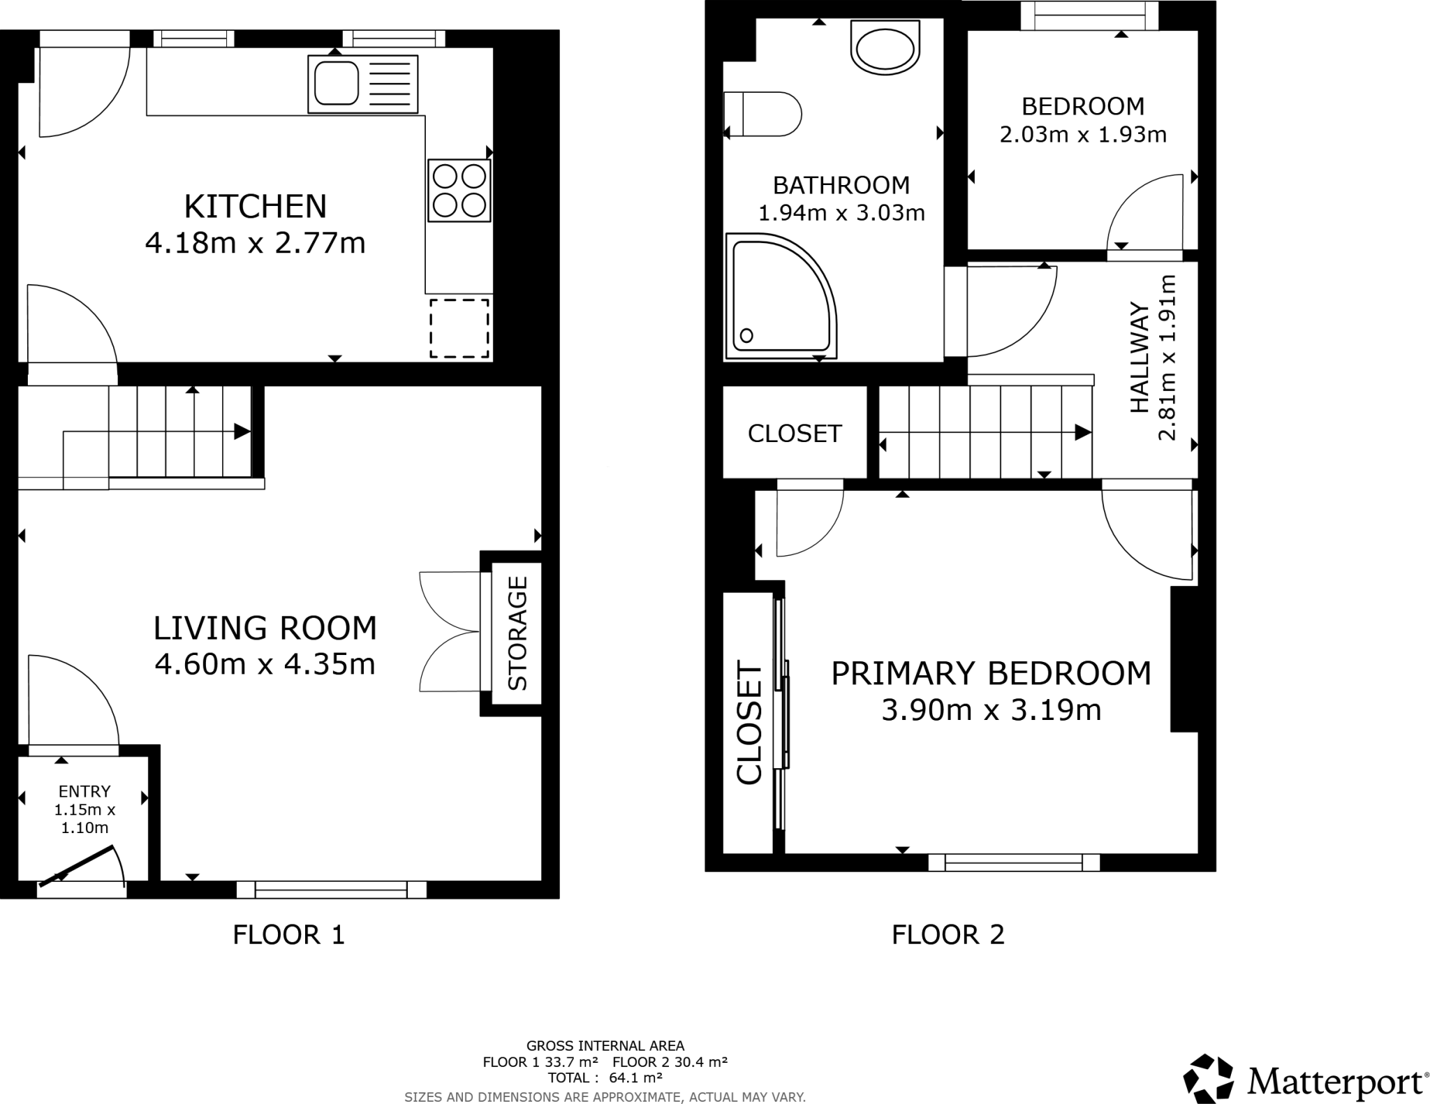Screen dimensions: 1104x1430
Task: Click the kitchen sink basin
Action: (x=337, y=83)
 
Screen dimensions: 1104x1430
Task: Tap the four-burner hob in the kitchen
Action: (x=459, y=191)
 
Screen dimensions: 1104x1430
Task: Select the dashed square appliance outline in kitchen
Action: (x=459, y=328)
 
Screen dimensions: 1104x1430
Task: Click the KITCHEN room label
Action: (x=256, y=207)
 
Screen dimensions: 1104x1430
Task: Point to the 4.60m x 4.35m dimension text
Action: (x=265, y=664)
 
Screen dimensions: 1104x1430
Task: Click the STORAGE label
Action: (x=517, y=633)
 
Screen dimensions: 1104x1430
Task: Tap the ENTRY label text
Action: (x=84, y=791)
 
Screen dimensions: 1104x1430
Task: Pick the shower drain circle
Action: (x=746, y=336)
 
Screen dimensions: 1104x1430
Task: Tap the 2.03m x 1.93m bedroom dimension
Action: (x=1082, y=134)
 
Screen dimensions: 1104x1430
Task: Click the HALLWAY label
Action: (x=1140, y=358)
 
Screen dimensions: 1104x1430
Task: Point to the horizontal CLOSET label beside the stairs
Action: (x=795, y=434)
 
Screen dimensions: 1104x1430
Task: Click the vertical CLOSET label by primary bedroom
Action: (x=749, y=723)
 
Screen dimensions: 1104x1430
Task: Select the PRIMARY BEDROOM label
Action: (x=991, y=674)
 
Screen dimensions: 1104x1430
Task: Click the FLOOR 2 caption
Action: (x=948, y=934)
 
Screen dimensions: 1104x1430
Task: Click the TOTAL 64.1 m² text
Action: (x=605, y=1077)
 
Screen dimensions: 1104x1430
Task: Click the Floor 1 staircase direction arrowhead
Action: (x=242, y=432)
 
